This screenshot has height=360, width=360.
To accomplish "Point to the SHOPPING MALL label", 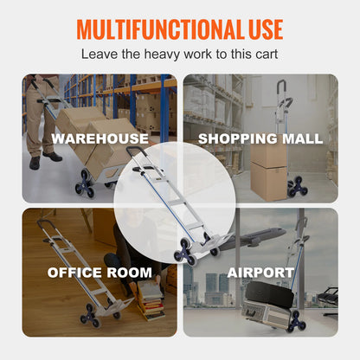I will (x=260, y=138).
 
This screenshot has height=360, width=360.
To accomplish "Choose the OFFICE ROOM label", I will (x=100, y=273).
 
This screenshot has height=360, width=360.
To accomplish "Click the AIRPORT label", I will (x=260, y=273).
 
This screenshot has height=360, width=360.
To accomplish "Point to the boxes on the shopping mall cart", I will (x=269, y=169).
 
